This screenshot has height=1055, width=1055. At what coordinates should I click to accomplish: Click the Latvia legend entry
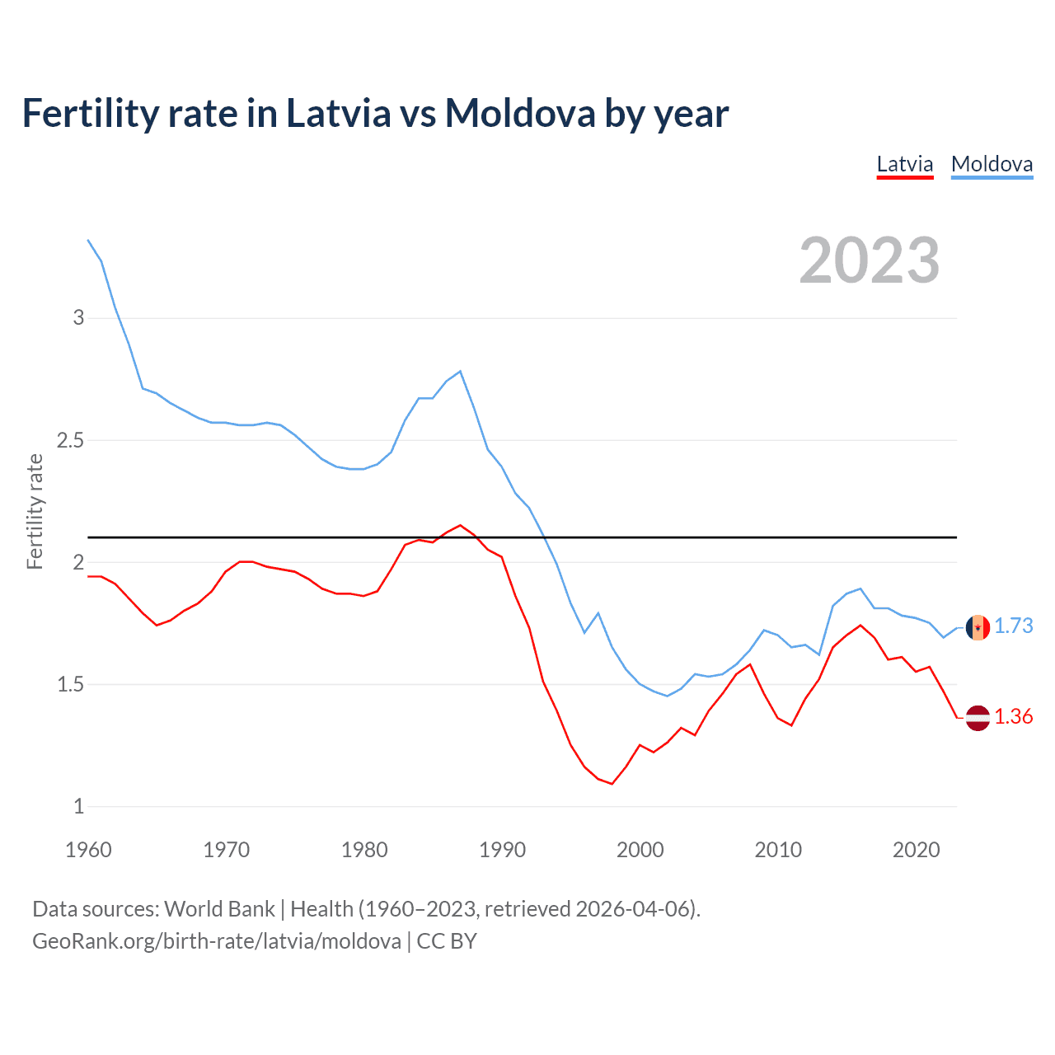tap(904, 164)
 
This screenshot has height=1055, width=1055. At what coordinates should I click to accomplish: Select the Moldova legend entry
tap(992, 164)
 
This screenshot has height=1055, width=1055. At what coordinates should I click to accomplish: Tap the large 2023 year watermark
tap(870, 260)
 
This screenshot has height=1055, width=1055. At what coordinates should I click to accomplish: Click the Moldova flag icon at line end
tap(978, 627)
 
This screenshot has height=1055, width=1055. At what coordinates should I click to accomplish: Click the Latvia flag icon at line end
tap(978, 717)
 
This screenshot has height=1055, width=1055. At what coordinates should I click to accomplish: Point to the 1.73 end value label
tap(1013, 626)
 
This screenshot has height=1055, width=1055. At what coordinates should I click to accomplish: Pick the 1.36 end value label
tap(1013, 716)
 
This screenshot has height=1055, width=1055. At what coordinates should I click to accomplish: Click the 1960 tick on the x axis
tap(88, 850)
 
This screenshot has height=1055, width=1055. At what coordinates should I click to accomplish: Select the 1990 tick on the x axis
tap(502, 850)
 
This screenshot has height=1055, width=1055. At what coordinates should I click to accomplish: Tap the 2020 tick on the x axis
tap(916, 850)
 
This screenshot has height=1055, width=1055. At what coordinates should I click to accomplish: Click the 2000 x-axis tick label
tap(640, 850)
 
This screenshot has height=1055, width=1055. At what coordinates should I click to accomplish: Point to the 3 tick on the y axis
tap(79, 317)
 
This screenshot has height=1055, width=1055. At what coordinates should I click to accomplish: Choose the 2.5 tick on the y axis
tap(70, 440)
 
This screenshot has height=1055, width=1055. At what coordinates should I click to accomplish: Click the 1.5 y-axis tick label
tap(70, 684)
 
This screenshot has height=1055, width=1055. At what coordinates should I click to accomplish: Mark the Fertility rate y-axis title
tap(35, 511)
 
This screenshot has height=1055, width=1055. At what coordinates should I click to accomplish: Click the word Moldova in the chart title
tap(519, 113)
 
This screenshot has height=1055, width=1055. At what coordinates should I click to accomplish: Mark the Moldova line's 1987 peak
tap(460, 371)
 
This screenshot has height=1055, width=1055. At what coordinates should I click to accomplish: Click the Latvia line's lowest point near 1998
tap(612, 783)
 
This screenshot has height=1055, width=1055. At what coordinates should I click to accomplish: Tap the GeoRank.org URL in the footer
tap(217, 941)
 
